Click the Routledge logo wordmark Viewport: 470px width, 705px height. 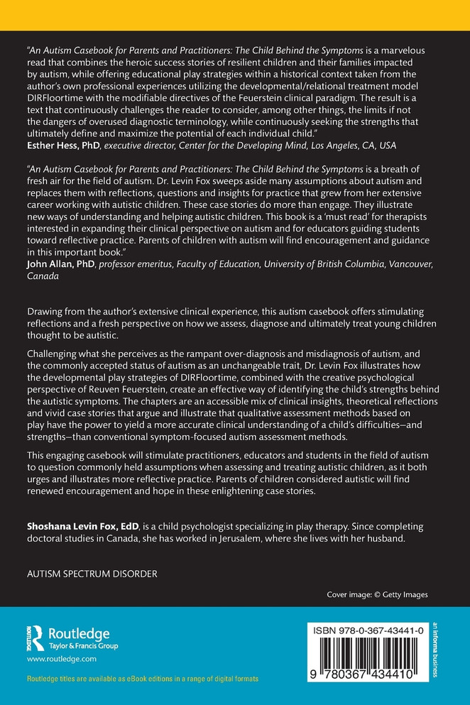coord(78,633)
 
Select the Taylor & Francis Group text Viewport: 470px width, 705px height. coord(82,646)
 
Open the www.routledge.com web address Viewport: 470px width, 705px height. coord(61,660)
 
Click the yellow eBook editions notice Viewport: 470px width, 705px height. coord(142,679)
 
